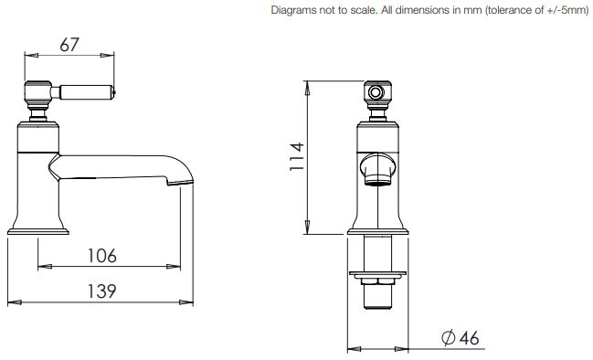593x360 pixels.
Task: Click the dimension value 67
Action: click(x=69, y=45)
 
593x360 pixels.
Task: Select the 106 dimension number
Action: click(x=102, y=256)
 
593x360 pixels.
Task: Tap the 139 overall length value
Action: click(x=101, y=291)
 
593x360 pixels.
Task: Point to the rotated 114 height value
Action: click(x=297, y=156)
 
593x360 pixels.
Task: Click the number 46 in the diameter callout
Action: click(x=470, y=338)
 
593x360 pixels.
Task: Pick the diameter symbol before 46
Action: click(x=449, y=338)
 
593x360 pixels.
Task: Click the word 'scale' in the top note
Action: click(x=365, y=10)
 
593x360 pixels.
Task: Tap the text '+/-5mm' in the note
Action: click(x=567, y=10)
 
